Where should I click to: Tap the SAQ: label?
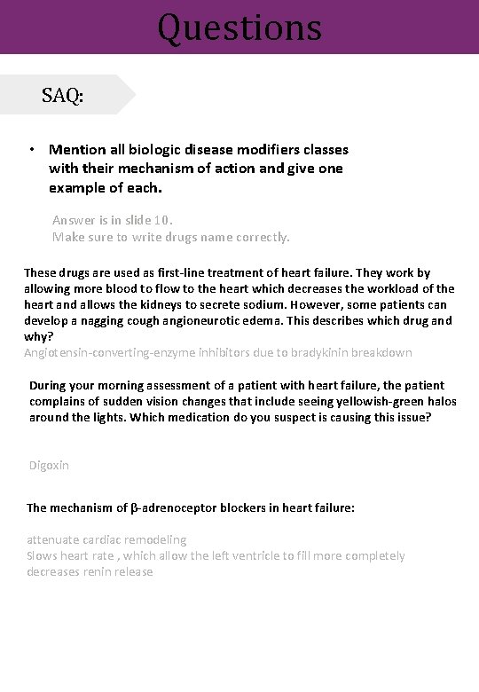(62, 96)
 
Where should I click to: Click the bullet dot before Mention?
(31, 150)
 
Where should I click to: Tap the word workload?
(379, 289)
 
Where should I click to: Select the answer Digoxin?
(49, 465)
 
